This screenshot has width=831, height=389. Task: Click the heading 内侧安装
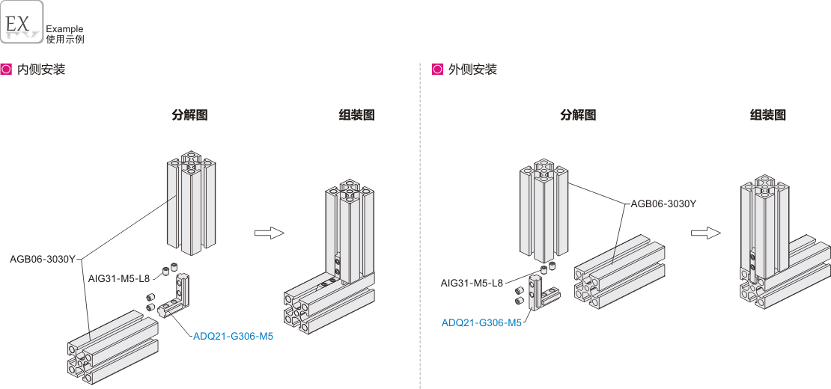coord(41,70)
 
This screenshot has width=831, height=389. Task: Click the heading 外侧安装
coord(472,70)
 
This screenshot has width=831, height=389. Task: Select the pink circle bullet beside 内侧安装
coord(7,70)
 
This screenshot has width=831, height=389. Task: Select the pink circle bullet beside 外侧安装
coord(438,70)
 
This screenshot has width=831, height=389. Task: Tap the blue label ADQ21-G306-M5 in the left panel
coord(233,337)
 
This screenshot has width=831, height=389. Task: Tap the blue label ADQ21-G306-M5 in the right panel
coord(481,323)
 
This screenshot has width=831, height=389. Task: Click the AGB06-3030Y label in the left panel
coord(43,260)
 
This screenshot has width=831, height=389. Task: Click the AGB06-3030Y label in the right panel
coord(663,203)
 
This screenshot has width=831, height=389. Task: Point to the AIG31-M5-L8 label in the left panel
coord(119,278)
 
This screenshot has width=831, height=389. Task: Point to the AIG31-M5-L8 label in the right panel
coord(472,283)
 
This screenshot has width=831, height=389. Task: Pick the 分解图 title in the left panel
coord(189,115)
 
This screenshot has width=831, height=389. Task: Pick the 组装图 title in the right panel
coord(768,115)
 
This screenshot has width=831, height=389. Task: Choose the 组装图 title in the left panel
coord(356,115)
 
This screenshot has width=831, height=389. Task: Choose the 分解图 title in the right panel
coord(578,115)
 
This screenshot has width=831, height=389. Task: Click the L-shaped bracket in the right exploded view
coord(538,292)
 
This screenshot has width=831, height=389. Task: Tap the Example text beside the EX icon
coord(64,29)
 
